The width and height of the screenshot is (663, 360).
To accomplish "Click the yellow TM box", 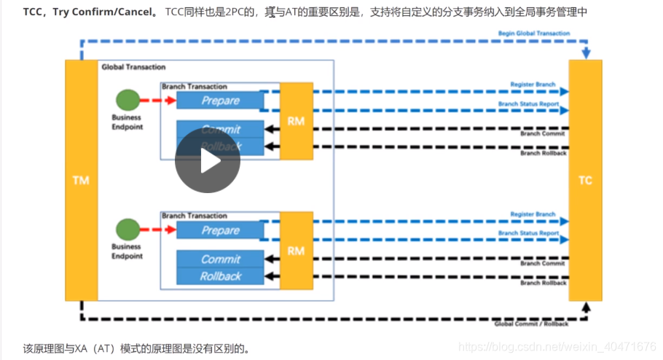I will point(80,180).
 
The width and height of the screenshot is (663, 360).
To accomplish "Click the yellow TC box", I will point(585,180).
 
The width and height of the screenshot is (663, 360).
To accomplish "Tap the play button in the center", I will point(208,161).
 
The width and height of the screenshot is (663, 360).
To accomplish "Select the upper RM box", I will point(296,121).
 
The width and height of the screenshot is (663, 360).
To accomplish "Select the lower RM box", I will point(296,251).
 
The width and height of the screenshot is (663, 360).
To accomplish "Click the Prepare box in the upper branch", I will point(220,101).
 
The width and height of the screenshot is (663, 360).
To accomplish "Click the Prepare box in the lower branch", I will point(220,231).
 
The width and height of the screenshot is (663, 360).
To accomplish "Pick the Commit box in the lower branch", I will point(220,259).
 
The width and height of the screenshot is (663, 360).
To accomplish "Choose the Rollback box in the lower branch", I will point(220,276).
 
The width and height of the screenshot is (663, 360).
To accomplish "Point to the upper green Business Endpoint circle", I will point(127,99).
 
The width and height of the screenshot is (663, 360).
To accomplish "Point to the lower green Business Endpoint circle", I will point(127,229).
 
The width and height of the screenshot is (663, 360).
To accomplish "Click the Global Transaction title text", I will point(133,67).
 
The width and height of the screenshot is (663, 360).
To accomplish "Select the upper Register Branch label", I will point(533,85).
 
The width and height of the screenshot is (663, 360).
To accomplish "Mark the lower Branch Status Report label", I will point(528,233).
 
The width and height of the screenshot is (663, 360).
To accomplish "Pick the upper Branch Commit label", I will point(543,133).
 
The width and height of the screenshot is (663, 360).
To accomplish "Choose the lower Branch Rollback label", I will point(543,283).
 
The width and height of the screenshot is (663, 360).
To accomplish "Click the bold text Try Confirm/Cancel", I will point(103,12).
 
